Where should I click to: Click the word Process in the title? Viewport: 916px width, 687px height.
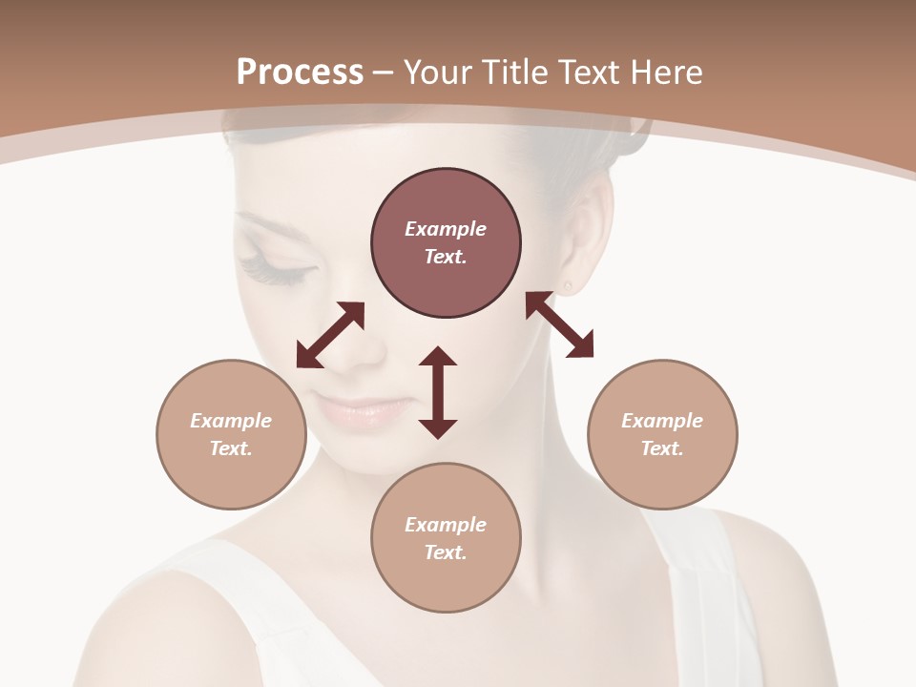click(300, 73)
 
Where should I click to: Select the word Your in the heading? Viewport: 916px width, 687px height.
click(436, 73)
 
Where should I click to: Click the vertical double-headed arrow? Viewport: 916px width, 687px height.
click(438, 392)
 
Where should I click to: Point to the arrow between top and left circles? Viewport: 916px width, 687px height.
click(330, 335)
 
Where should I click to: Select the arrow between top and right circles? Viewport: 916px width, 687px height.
click(559, 324)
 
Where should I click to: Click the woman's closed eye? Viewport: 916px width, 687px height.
click(277, 270)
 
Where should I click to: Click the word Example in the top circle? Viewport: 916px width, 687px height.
click(446, 229)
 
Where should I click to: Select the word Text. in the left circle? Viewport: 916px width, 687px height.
click(231, 448)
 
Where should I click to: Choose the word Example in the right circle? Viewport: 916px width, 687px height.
click(662, 421)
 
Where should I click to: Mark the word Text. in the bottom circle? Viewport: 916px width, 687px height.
click(446, 552)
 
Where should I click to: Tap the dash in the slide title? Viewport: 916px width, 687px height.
click(384, 73)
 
